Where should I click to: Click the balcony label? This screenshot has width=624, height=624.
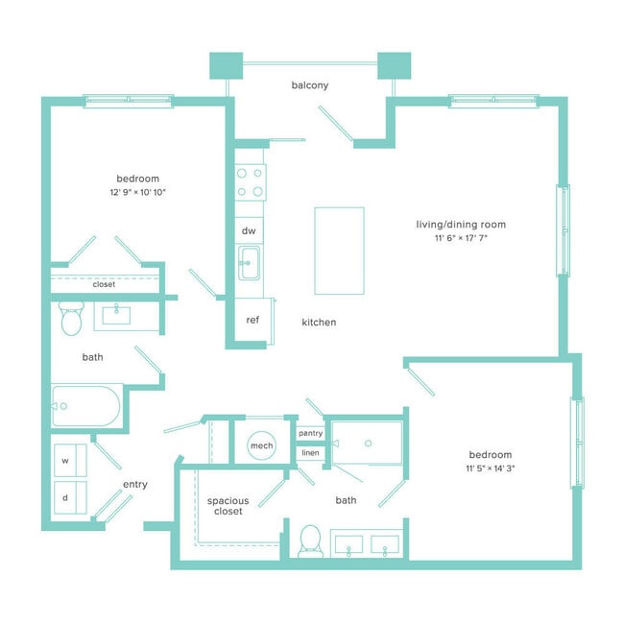310,85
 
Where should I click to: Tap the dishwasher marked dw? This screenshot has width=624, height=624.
249,230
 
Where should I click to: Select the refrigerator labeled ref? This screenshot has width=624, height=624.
253,320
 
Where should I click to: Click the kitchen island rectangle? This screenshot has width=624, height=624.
339,251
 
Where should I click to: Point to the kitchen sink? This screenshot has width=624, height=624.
250,263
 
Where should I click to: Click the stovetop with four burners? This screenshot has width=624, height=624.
250,182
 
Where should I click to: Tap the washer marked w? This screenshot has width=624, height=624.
70,461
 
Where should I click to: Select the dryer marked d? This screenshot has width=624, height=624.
70,497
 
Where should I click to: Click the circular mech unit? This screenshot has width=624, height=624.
261,445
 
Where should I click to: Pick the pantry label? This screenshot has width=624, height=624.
310,433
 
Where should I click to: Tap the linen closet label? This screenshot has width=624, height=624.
310,453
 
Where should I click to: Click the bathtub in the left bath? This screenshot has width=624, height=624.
86,406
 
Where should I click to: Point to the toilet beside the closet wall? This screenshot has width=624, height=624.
71,318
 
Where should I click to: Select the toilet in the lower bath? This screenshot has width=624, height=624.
310,540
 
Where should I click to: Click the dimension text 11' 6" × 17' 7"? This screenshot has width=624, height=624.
461,238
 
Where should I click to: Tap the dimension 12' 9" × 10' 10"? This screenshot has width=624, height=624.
137,192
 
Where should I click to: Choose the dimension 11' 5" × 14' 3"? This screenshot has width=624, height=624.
491,468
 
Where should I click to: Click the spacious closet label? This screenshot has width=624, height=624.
228,506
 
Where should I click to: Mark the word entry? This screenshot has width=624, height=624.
135,484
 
